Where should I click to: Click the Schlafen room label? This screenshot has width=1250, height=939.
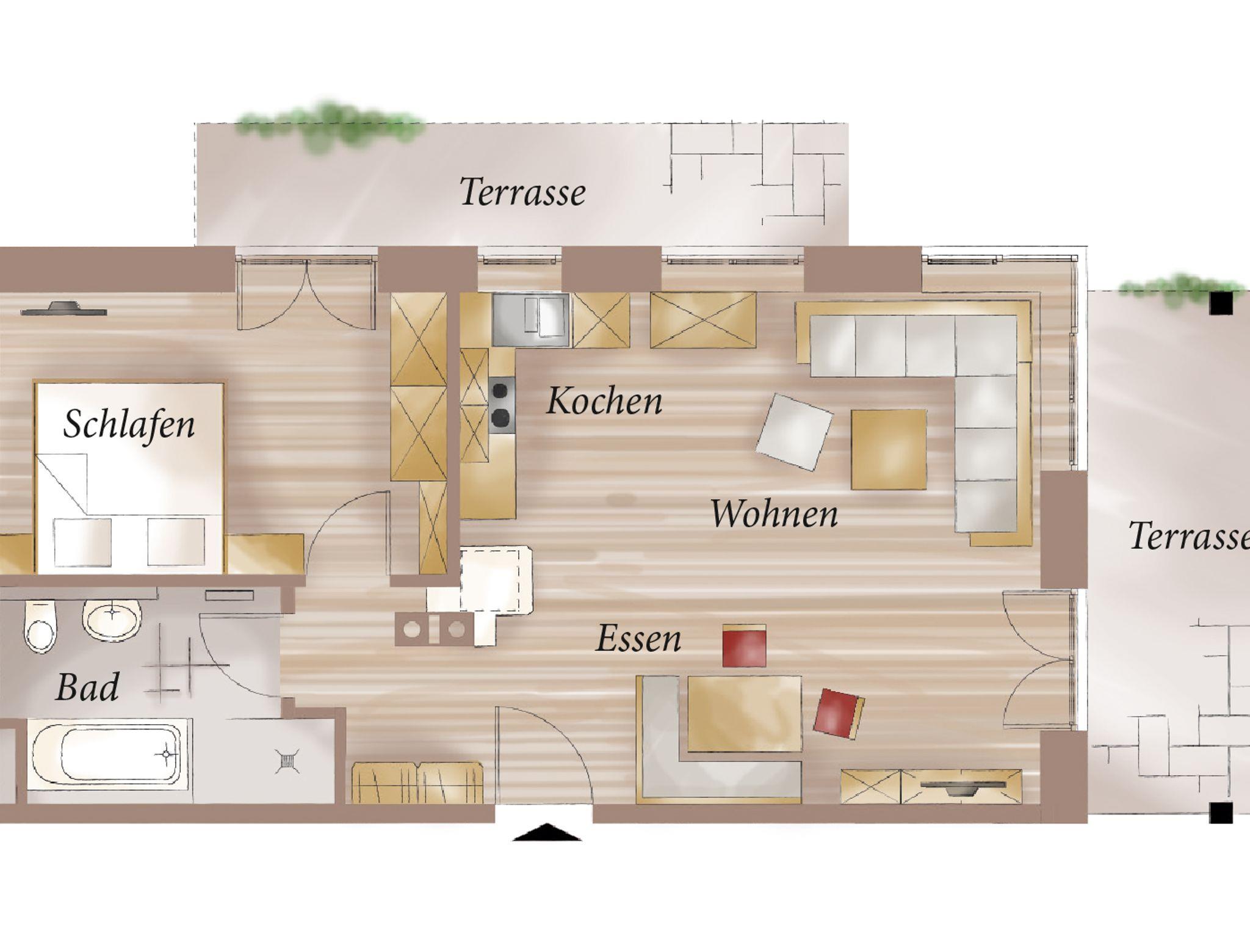(129, 424)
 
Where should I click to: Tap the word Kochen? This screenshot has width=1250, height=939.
(604, 401)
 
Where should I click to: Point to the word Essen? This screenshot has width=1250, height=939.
(638, 639)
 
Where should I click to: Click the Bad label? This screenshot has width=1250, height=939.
(87, 687)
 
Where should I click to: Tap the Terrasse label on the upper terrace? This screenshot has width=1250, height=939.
(522, 192)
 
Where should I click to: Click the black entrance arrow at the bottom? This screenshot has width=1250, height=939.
(547, 832)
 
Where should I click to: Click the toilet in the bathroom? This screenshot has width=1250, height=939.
(40, 626)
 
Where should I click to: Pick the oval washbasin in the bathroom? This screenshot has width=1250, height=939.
(112, 619)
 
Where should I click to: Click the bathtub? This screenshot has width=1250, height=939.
(105, 755)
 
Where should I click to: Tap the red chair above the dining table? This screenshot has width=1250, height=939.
(745, 645)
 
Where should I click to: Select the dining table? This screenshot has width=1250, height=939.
(745, 714)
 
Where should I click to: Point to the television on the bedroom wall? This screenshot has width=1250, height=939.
(63, 308)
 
